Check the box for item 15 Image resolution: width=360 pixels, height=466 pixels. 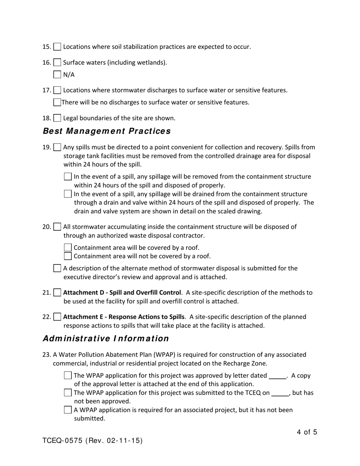(x=57, y=47)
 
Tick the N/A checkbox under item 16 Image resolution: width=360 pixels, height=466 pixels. (x=57, y=74)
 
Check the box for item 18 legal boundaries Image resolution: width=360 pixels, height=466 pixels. (x=57, y=118)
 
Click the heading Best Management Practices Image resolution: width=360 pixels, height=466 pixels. (x=106, y=131)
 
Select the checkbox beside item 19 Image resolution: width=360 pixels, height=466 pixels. (x=57, y=147)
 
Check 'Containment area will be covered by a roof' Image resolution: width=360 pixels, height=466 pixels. (x=68, y=248)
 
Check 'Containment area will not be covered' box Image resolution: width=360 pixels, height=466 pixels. (x=68, y=256)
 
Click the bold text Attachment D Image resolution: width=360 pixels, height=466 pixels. (x=122, y=292)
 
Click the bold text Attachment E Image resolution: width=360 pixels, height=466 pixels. (x=124, y=317)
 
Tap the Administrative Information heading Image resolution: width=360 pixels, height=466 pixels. (x=106, y=338)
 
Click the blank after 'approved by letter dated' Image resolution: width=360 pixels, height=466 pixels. (x=277, y=376)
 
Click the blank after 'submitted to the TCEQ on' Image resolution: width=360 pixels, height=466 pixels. (x=280, y=393)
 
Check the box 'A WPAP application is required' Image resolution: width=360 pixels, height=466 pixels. (x=68, y=410)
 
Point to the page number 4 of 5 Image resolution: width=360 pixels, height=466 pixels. (x=307, y=432)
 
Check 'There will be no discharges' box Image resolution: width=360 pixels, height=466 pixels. (x=57, y=102)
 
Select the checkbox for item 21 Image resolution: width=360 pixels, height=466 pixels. (x=57, y=292)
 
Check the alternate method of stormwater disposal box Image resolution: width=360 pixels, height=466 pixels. (x=57, y=268)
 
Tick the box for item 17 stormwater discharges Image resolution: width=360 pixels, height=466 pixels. (x=57, y=90)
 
